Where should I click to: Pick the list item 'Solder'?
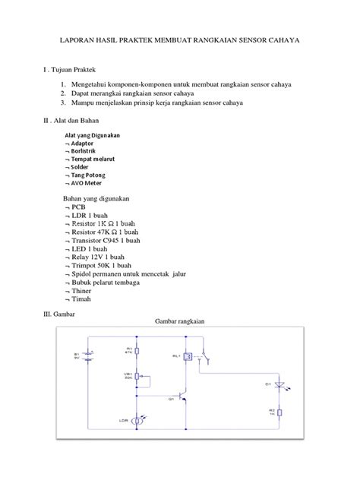point(84,166)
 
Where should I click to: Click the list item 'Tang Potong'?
point(92,175)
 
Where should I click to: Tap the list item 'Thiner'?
point(81,291)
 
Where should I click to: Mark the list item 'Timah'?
point(81,299)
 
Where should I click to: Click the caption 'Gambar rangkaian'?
point(181,321)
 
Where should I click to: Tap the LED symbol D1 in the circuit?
point(282,386)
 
